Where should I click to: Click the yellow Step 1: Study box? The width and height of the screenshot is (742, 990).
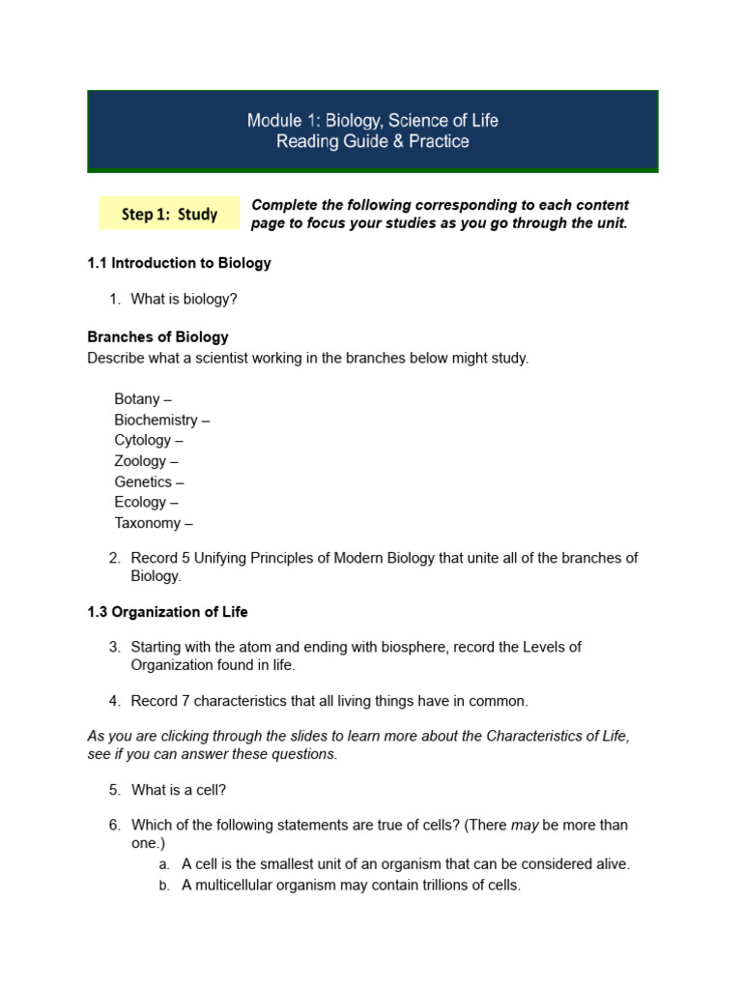pos(169,214)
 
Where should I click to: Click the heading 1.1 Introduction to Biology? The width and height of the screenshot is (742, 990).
pos(179,263)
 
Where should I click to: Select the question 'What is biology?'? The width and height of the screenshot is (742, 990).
pos(184,300)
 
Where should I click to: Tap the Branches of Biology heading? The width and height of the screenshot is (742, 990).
pos(157,337)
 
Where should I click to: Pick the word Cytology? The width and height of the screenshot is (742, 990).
pos(142,440)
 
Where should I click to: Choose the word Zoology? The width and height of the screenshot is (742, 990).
pos(140,461)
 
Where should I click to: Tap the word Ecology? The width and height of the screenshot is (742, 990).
pos(140,502)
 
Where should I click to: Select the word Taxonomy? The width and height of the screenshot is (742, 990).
pos(147,523)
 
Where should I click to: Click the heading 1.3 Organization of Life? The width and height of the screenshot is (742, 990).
pos(167,612)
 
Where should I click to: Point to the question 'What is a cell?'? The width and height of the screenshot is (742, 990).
pos(179,790)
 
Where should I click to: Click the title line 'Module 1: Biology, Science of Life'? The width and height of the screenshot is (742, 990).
pos(373,121)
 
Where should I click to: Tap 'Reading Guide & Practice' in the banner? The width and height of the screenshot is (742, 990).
pos(373,142)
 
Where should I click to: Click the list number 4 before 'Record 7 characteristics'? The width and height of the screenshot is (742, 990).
pos(114,701)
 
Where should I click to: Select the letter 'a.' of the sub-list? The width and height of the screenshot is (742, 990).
pos(164,865)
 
